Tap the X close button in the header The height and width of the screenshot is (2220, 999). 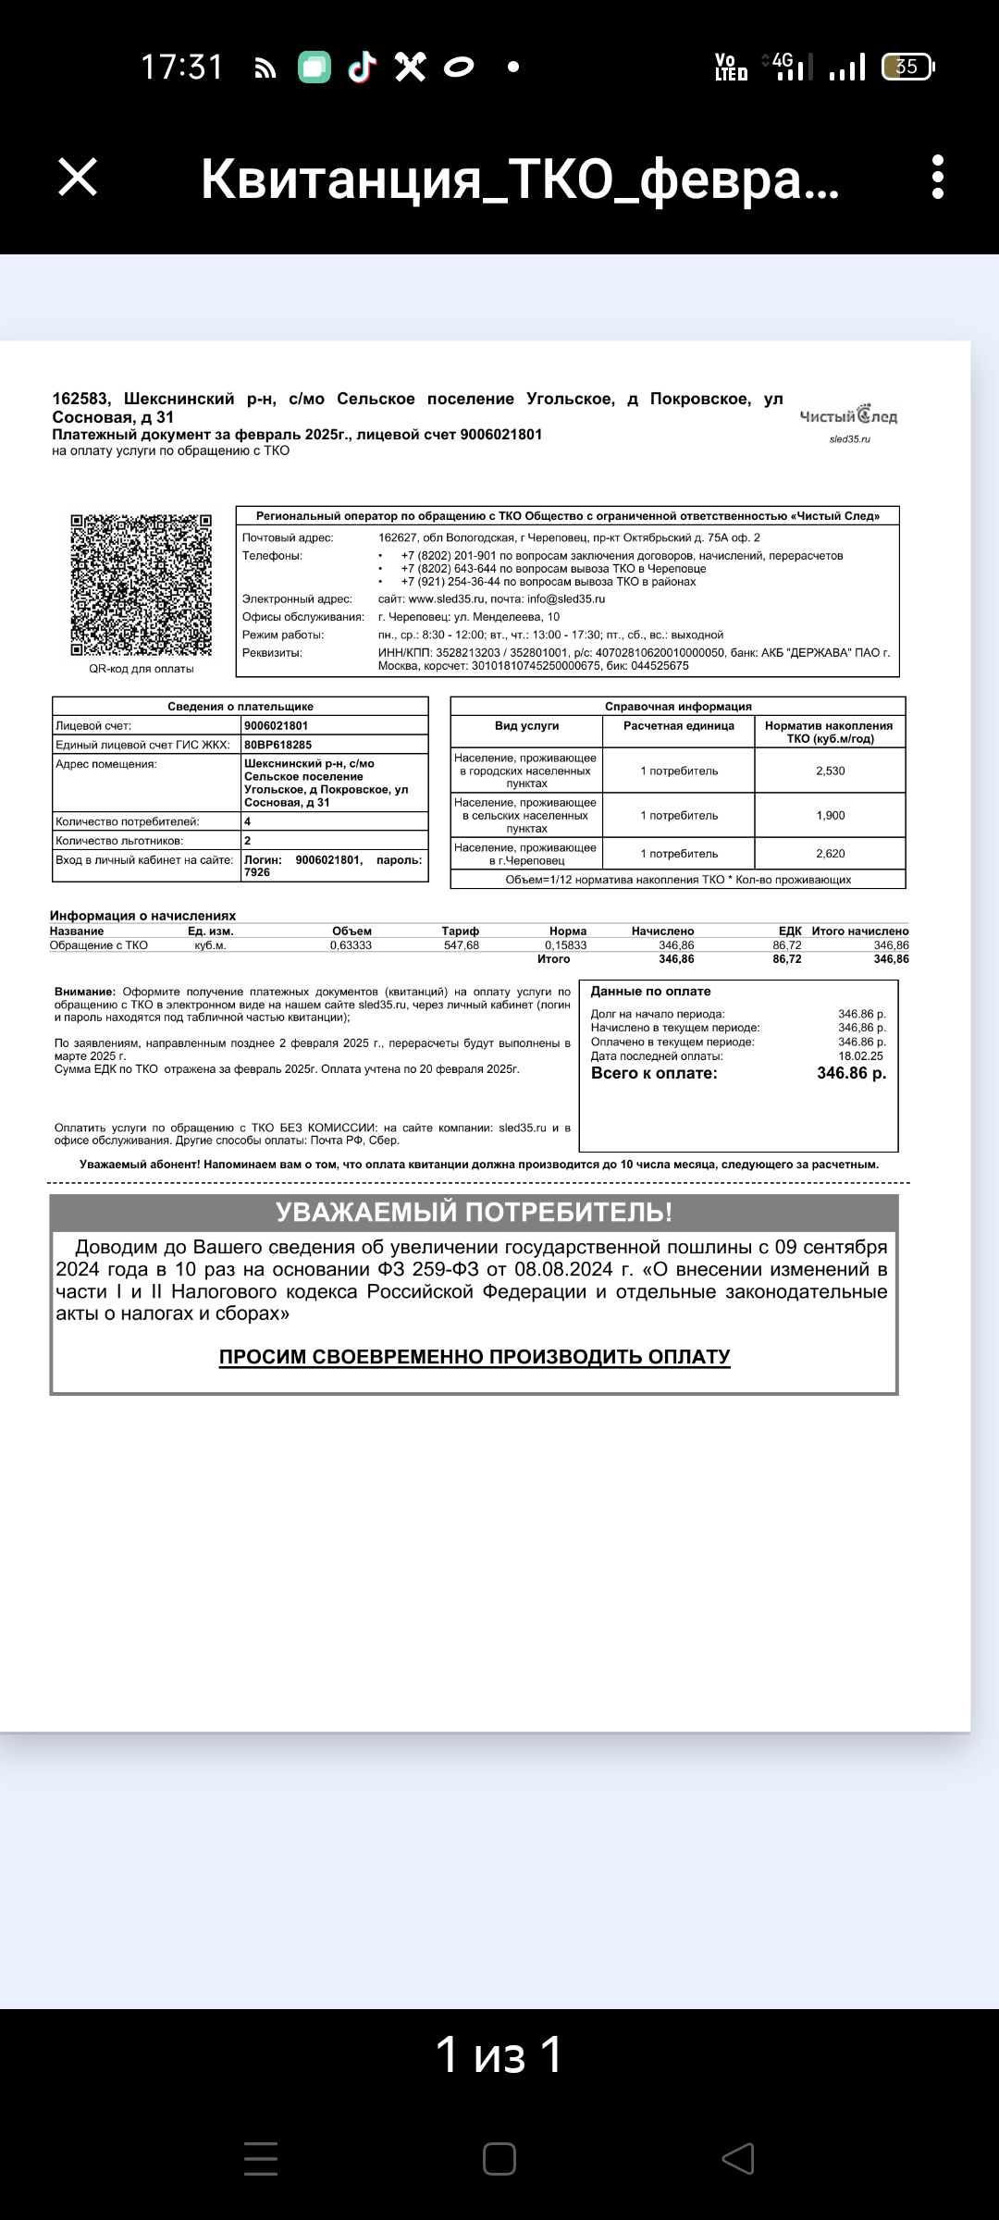[x=78, y=177]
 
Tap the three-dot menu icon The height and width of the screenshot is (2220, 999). [x=938, y=177]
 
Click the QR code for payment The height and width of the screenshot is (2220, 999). [x=142, y=585]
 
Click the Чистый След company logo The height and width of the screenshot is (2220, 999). [x=848, y=417]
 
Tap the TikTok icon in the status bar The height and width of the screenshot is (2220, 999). [x=362, y=67]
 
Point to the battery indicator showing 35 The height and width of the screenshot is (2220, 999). [x=907, y=67]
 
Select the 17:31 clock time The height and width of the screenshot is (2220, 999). [x=182, y=68]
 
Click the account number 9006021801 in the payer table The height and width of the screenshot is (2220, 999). [x=277, y=726]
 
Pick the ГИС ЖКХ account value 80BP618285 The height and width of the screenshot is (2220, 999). [x=278, y=745]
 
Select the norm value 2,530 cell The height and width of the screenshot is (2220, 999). [x=830, y=771]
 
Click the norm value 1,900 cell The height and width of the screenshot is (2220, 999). [x=830, y=815]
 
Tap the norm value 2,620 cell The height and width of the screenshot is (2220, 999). [x=830, y=854]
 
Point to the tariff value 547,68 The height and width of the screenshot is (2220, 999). [x=461, y=945]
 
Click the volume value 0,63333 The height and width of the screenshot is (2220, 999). [x=351, y=945]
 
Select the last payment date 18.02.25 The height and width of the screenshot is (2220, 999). [x=860, y=1055]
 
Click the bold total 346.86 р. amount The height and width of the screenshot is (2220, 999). [x=851, y=1073]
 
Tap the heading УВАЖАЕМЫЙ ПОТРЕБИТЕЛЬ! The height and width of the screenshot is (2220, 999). [x=474, y=1212]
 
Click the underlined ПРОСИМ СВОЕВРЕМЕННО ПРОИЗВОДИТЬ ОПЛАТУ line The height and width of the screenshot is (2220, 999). [x=475, y=1357]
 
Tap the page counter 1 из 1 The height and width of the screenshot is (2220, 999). [x=499, y=2054]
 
